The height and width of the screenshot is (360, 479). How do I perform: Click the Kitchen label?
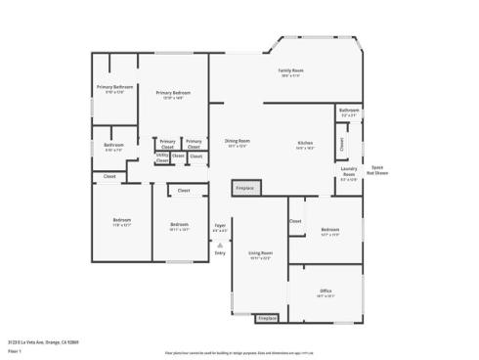(306, 145)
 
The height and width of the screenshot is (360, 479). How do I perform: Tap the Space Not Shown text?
(379, 169)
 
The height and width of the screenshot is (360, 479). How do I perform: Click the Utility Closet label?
(161, 157)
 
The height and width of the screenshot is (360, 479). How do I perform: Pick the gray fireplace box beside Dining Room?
(245, 187)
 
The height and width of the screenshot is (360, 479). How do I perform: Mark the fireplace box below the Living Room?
(267, 318)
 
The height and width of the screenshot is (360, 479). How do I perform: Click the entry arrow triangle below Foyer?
(220, 244)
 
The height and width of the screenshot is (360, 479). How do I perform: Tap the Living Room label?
(259, 254)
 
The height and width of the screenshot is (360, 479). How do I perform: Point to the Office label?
(326, 292)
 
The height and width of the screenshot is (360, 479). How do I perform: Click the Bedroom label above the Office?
(329, 232)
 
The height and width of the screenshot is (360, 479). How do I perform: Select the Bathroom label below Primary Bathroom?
(113, 147)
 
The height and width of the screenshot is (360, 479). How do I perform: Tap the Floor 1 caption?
(14, 350)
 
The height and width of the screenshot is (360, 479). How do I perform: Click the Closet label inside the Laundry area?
(341, 144)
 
